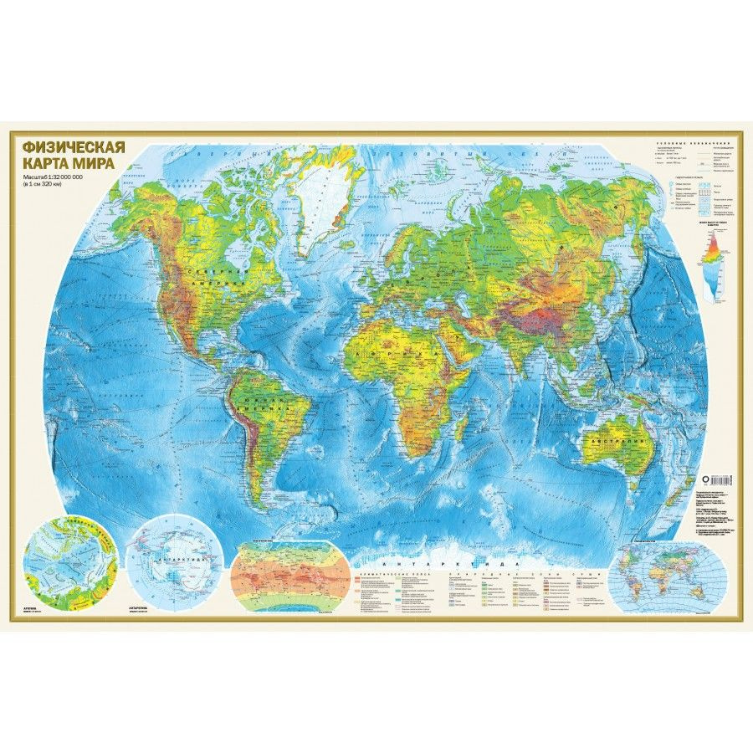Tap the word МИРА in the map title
[99, 163]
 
